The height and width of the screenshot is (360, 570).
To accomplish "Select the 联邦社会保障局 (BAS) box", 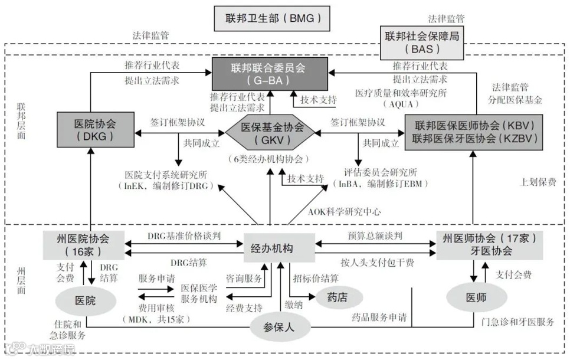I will coord(421,42).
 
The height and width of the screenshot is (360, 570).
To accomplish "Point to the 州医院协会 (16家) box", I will coord(83,246).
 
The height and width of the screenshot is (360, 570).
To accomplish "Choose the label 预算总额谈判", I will coord(375,235).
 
